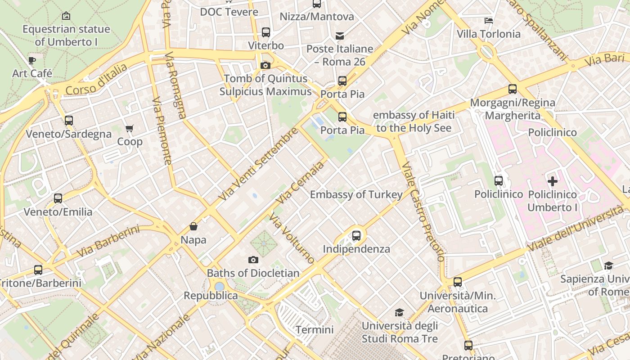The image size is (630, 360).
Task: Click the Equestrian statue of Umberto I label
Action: coord(66,35)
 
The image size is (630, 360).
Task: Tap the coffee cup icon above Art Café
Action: coord(31,60)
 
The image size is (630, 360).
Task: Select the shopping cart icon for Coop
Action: coord(130,129)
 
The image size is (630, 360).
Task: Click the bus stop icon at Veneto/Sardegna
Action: coord(68,121)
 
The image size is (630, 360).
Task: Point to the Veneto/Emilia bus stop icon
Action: coord(58,198)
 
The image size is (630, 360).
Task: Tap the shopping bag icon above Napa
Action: coord(193,226)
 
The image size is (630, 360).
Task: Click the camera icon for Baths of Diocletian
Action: coord(253,260)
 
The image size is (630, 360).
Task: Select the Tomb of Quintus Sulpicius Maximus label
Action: coord(265,85)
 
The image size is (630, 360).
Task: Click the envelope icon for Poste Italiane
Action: coord(340,36)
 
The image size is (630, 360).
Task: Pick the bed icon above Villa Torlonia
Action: coord(489,21)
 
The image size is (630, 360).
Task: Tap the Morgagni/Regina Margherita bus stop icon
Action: coord(513,89)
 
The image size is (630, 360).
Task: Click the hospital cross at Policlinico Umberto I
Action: coord(553,181)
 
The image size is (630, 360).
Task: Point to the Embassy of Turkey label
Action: coord(356,194)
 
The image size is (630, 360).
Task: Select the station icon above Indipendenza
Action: coord(356,235)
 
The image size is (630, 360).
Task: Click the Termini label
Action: coord(315,329)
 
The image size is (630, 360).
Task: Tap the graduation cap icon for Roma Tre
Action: coord(399,312)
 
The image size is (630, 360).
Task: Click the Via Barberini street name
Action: coord(108,242)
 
